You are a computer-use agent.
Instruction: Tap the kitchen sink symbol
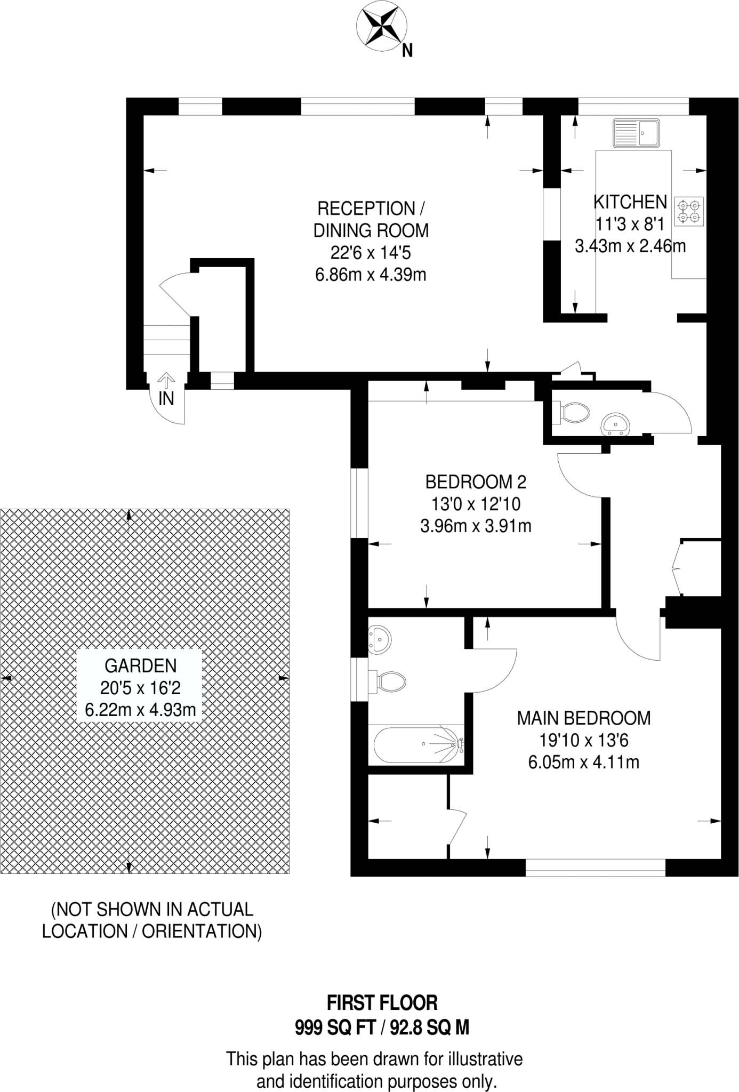[x=636, y=133]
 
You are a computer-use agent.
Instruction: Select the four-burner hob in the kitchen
[x=689, y=211]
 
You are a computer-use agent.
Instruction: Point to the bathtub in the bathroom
[x=417, y=744]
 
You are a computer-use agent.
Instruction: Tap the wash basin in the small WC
[x=616, y=424]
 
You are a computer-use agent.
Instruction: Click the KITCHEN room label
[x=630, y=202]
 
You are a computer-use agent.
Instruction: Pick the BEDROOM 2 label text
[x=476, y=482]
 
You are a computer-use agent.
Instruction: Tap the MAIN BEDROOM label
[x=584, y=718]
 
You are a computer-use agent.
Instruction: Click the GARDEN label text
[x=140, y=665]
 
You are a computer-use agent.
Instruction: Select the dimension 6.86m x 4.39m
[x=371, y=275]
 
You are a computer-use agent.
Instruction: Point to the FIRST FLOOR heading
[x=382, y=1003]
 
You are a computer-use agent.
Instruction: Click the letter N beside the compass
[x=407, y=50]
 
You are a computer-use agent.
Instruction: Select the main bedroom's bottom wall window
[x=596, y=868]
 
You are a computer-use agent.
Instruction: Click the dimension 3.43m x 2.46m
[x=630, y=246]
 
